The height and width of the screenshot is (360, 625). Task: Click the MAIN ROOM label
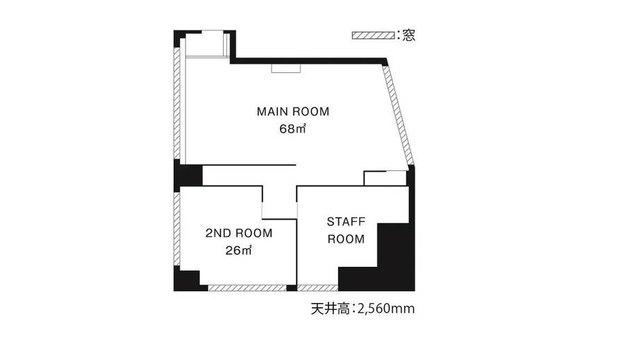292,111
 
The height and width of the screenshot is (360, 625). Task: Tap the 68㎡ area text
293,129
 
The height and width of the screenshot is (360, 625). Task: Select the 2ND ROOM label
238,234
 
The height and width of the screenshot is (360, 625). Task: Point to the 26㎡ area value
238,251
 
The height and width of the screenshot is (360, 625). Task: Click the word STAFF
346,222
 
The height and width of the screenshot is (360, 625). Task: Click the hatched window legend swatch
373,35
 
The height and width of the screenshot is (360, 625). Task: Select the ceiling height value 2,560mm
385,309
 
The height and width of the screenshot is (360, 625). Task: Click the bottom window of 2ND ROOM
247,288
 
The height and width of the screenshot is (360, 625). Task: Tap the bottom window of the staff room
317,288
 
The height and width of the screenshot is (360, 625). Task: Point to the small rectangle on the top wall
285,68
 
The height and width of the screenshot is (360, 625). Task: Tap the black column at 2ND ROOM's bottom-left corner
185,279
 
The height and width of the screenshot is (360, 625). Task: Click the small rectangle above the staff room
385,178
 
